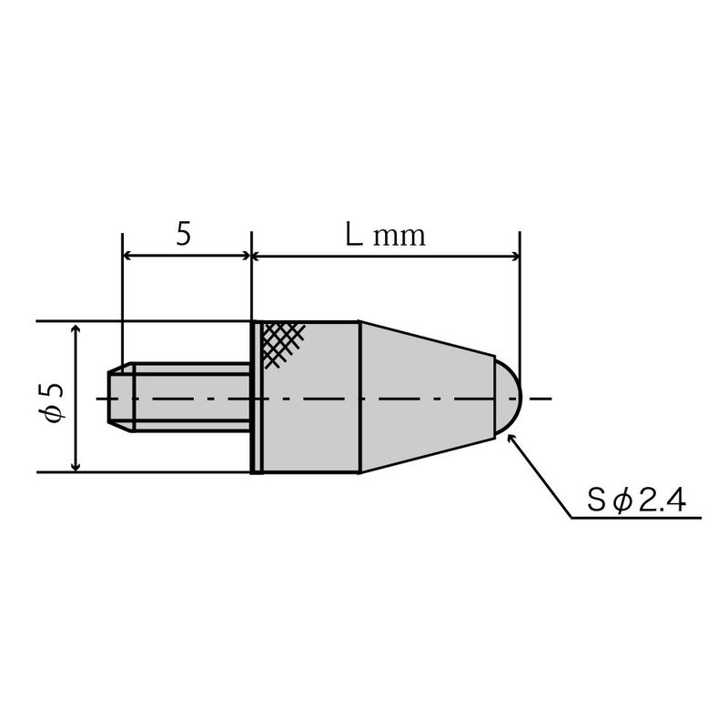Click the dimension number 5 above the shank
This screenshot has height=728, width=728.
click(184, 234)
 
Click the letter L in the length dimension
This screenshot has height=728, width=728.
click(354, 235)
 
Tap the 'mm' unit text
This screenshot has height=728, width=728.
click(399, 237)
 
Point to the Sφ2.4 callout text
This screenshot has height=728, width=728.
click(636, 500)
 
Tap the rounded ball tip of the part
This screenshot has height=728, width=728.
click(509, 398)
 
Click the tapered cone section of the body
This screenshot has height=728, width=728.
click(427, 397)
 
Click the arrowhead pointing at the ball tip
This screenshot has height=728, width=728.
click(511, 439)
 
